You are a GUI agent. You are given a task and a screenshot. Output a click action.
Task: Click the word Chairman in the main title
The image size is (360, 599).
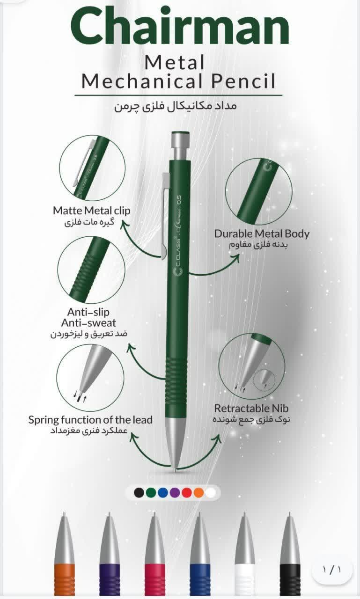[180, 26]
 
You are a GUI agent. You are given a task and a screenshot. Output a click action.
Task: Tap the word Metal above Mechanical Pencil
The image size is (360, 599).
[175, 62]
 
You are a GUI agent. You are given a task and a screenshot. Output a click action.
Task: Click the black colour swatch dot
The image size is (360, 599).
[139, 492]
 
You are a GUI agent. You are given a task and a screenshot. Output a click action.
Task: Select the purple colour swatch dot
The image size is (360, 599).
[175, 492]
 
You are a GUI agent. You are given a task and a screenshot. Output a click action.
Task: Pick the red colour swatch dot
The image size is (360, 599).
[187, 492]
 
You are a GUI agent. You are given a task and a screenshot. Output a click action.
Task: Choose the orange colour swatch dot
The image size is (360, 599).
[198, 492]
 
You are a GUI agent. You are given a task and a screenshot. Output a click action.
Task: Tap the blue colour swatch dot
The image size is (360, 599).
[163, 492]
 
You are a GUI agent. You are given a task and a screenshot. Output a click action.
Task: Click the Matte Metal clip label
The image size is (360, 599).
[91, 211]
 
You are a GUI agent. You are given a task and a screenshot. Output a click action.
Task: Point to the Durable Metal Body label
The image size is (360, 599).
[262, 234]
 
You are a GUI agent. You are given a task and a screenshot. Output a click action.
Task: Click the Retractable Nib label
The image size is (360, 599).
[251, 409]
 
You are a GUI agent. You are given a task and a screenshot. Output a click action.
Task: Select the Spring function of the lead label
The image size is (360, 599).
[90, 420]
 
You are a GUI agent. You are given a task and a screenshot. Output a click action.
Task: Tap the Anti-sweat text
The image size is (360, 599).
[88, 323]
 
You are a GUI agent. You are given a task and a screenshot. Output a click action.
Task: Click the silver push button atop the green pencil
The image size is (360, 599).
[180, 146]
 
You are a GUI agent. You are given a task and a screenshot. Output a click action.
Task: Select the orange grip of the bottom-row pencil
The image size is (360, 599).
[65, 579]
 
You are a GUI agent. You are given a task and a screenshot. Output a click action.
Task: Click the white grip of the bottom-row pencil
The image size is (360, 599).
[245, 579]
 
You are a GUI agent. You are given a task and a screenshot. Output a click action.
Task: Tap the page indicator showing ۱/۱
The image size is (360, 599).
[331, 570]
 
